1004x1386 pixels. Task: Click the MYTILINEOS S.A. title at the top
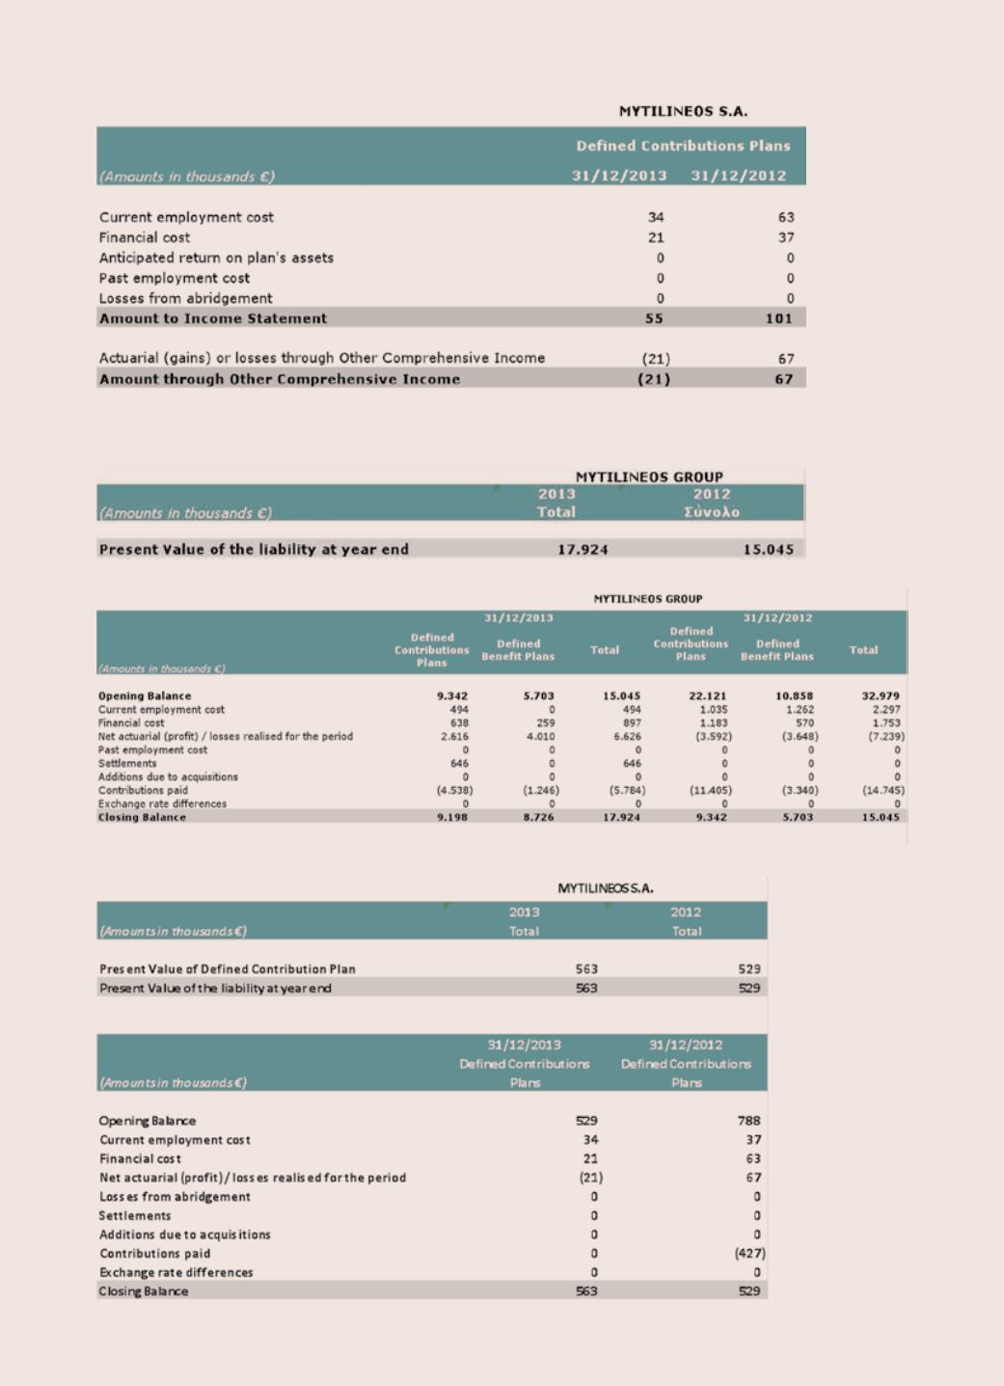683,111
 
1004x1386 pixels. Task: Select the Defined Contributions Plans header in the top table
683,146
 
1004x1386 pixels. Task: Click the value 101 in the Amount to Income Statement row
778,318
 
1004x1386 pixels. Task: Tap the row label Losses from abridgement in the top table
185,298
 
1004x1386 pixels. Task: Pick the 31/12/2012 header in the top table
739,176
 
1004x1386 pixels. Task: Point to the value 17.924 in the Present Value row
583,550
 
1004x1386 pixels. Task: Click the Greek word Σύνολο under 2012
712,512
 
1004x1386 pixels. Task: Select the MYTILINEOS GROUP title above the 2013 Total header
649,476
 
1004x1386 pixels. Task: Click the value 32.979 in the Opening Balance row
880,695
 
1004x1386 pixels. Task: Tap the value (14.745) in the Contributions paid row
882,790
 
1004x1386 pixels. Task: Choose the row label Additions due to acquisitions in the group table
168,776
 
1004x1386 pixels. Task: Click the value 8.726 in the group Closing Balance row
538,817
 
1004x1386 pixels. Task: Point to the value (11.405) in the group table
708,790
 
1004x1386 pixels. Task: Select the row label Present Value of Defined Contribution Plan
228,968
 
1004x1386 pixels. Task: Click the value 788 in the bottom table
748,1121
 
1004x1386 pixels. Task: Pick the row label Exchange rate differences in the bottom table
176,1272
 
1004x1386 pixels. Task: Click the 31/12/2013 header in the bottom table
524,1045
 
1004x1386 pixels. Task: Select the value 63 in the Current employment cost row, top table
786,217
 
